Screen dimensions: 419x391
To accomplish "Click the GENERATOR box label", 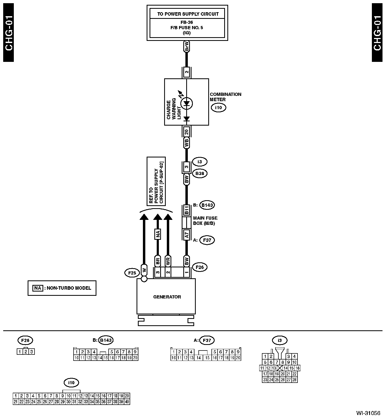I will pyautogui.click(x=167, y=297).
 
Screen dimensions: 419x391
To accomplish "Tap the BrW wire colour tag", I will pyautogui.click(x=186, y=47).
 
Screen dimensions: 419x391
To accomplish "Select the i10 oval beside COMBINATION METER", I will pyautogui.click(x=218, y=108).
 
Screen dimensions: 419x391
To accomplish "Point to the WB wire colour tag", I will pyautogui.click(x=186, y=143).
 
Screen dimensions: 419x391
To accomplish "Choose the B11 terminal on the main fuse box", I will pyautogui.click(x=186, y=211).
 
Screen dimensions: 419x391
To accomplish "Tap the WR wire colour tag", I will pyautogui.click(x=168, y=261).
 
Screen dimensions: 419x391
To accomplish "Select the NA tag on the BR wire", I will pyautogui.click(x=158, y=234).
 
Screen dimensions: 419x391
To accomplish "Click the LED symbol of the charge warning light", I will pyautogui.click(x=186, y=103).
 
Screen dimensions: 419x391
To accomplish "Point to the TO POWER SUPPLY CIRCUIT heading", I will pyautogui.click(x=188, y=14).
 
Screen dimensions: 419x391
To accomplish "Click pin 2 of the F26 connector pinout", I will pyautogui.click(x=25, y=352).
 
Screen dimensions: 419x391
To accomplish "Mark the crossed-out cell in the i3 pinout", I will pyautogui.click(x=280, y=368).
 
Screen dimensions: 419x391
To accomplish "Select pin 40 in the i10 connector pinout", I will pyautogui.click(x=127, y=402).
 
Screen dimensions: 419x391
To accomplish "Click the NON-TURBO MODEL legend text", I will pyautogui.click(x=69, y=288).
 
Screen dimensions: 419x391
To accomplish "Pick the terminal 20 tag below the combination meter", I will pyautogui.click(x=186, y=131).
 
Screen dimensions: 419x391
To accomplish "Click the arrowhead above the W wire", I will pyautogui.click(x=144, y=216).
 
